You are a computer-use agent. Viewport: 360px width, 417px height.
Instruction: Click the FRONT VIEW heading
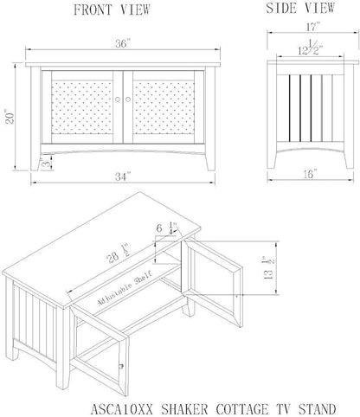[112, 10]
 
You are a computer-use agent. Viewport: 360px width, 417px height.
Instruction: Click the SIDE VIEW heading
[300, 8]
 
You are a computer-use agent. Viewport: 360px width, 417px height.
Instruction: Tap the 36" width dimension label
[123, 44]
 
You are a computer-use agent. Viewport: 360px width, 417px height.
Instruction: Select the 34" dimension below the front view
[123, 176]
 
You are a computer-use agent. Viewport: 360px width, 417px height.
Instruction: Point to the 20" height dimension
[10, 117]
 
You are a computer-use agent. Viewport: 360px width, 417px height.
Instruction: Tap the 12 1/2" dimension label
[311, 48]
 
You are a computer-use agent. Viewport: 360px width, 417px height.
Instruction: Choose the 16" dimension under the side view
[310, 174]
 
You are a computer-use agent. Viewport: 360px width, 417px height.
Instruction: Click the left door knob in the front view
[118, 99]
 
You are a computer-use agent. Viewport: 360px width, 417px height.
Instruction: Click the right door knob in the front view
[128, 99]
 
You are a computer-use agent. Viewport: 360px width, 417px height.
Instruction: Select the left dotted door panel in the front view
[82, 107]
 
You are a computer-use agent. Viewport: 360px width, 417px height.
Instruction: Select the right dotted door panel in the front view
[164, 107]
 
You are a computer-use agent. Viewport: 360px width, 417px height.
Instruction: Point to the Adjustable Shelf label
[125, 289]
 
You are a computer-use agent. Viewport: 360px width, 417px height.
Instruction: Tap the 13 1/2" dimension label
[268, 268]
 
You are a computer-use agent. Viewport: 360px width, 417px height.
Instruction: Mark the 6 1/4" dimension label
[166, 228]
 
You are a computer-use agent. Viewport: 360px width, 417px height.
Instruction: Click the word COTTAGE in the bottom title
[241, 409]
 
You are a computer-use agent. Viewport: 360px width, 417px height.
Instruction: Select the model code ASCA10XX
[122, 409]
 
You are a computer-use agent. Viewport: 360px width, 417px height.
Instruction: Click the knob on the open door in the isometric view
[121, 366]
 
